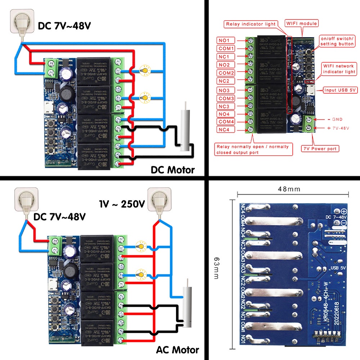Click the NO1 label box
point(226,40)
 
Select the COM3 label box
point(226,98)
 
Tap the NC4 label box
point(226,130)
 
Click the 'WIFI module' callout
point(302,24)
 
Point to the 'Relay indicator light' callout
point(251,24)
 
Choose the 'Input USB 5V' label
point(339,90)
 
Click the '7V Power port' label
point(319,148)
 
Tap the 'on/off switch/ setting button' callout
point(337,41)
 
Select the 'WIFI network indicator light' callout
point(339,69)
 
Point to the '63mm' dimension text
point(216,268)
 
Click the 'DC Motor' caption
point(172,170)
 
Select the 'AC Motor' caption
point(177,350)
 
